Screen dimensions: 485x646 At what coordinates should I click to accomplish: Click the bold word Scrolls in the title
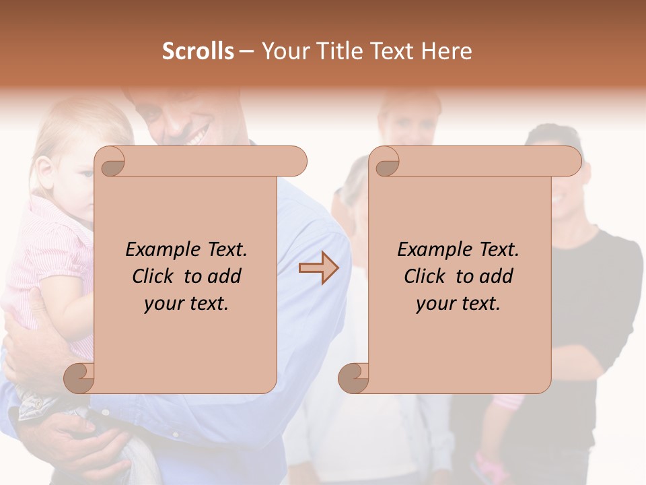(198, 51)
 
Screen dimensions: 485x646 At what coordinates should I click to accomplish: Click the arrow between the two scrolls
(319, 268)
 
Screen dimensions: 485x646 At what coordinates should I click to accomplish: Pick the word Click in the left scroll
(147, 276)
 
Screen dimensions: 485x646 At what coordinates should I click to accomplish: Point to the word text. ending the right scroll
(480, 304)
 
